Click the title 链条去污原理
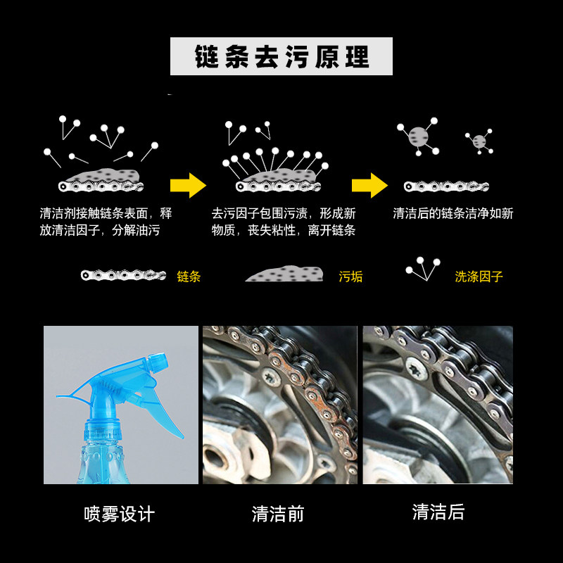pyautogui.click(x=281, y=57)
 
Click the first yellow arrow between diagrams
pyautogui.click(x=188, y=186)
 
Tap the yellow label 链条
pyautogui.click(x=189, y=277)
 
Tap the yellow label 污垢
pyautogui.click(x=350, y=277)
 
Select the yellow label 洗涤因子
pyautogui.click(x=479, y=277)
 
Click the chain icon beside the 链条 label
pyautogui.click(x=123, y=275)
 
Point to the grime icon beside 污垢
pyautogui.click(x=284, y=274)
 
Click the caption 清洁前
pyautogui.click(x=278, y=514)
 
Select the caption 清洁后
pyautogui.click(x=438, y=512)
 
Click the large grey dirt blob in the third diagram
pyautogui.click(x=418, y=137)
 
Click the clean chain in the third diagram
pyautogui.click(x=446, y=186)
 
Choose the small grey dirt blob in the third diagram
pyautogui.click(x=480, y=141)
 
